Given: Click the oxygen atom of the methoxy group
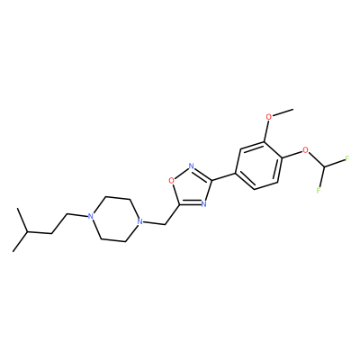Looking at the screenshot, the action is pos(269,117).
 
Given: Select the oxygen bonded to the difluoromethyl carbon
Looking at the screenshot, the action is pos(305,149).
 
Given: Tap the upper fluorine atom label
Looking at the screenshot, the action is pos(347,158).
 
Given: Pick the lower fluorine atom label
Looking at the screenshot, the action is pos(319,190).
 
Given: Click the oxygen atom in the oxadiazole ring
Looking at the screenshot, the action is pos(171,181).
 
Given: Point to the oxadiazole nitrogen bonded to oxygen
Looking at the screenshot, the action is pos(191,166).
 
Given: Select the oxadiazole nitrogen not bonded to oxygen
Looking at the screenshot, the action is pos(203,204).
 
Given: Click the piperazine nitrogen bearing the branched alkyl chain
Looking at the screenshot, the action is pos(89,216).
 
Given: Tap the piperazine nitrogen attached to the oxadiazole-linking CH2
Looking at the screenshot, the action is pos(139,221).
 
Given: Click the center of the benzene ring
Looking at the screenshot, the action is pos(259,166).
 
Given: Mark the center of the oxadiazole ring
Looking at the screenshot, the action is pos(191,187).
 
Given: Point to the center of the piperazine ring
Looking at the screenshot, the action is pos(114,219).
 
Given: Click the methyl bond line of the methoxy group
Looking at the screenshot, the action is pos(283,113).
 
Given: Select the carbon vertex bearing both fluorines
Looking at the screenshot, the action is pos(324,166).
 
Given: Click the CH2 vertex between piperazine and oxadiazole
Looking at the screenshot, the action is pos(166,224).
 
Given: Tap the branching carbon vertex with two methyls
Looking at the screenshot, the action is pos(27,232).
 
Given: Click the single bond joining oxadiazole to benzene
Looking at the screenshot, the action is pos(224,176).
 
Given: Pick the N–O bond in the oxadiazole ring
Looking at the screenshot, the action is pos(181,174).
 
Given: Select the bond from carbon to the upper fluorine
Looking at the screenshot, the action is pos(335,163).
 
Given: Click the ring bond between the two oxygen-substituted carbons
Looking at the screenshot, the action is pos(274,148).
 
